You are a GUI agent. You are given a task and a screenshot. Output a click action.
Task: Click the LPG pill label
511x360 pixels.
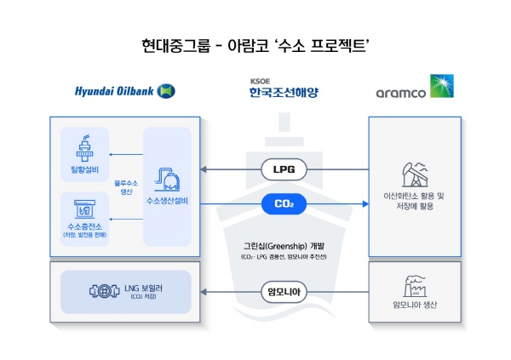284,169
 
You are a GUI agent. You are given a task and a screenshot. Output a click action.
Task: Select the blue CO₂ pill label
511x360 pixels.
284,203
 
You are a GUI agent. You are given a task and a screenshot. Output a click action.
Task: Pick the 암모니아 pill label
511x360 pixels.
284,294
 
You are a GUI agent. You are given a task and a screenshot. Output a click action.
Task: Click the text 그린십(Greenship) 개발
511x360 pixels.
284,245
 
